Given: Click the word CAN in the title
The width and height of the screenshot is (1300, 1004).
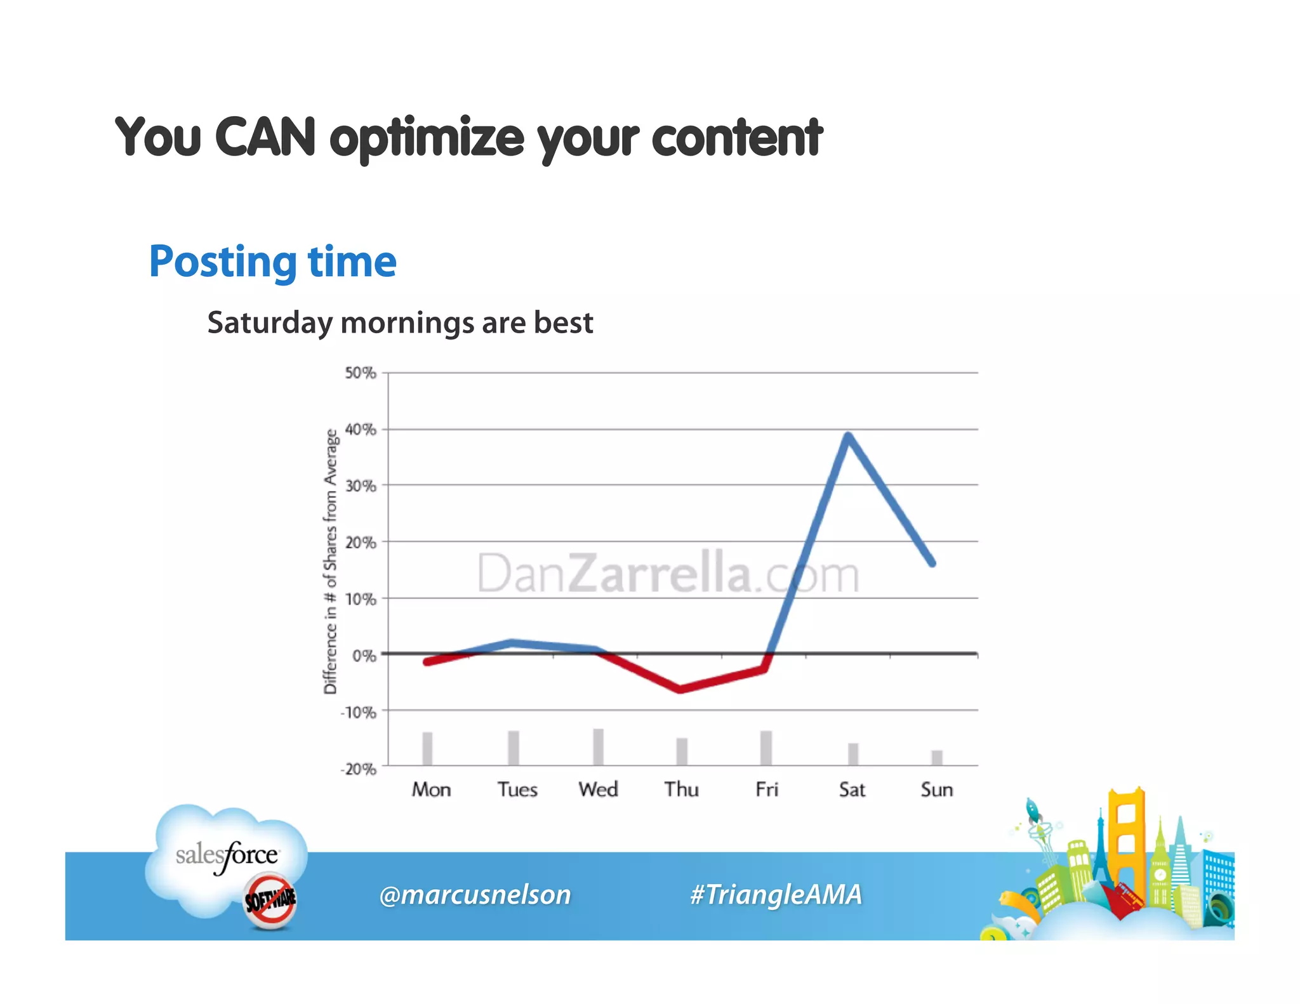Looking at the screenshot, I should pyautogui.click(x=265, y=137).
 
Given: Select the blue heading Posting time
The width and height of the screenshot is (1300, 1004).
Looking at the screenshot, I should pyautogui.click(x=272, y=261).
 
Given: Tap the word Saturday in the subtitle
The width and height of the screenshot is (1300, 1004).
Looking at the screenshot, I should pyautogui.click(x=269, y=323).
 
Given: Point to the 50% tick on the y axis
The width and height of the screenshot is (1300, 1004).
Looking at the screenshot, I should pyautogui.click(x=360, y=373).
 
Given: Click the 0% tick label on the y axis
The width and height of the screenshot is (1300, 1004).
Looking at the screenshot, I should pyautogui.click(x=364, y=656).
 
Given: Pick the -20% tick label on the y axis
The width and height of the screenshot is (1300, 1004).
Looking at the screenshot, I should pyautogui.click(x=359, y=769).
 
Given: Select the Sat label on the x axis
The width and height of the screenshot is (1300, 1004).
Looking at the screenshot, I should pyautogui.click(x=851, y=789).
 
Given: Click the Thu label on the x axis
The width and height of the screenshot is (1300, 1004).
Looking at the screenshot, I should pyautogui.click(x=681, y=789).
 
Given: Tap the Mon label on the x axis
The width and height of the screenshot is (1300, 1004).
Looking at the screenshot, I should pyautogui.click(x=431, y=789).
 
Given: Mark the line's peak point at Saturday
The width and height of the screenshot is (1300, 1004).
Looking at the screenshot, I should pyautogui.click(x=848, y=435).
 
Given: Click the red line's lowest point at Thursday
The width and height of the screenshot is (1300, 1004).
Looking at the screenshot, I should pyautogui.click(x=680, y=689).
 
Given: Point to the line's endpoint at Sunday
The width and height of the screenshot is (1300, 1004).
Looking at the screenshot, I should pyautogui.click(x=932, y=563).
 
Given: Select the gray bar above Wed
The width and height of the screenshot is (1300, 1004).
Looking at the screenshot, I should pyautogui.click(x=598, y=747).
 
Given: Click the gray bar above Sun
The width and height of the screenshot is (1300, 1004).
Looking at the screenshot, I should pyautogui.click(x=937, y=758).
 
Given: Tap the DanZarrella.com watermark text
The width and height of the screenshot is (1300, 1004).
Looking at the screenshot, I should pyautogui.click(x=668, y=574).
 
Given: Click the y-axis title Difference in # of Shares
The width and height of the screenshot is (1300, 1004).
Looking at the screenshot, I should pyautogui.click(x=330, y=562).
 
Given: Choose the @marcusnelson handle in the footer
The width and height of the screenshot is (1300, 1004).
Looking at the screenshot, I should pyautogui.click(x=475, y=895).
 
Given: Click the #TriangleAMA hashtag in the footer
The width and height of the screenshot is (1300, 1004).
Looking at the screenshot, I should pyautogui.click(x=776, y=895).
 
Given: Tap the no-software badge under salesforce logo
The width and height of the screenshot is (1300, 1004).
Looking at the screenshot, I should pyautogui.click(x=270, y=900).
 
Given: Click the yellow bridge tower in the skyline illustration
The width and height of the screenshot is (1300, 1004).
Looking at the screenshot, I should pyautogui.click(x=1126, y=838).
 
